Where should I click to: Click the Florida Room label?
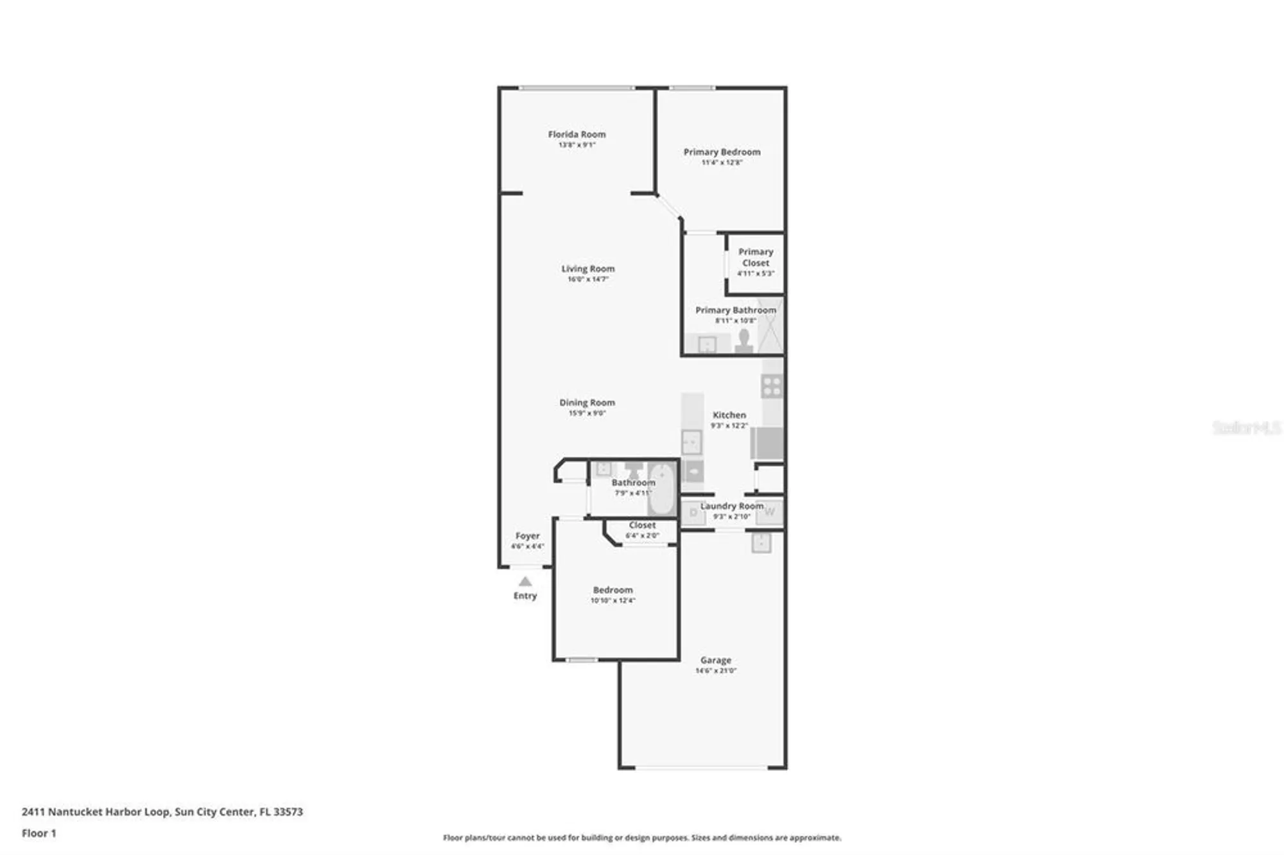[577, 134]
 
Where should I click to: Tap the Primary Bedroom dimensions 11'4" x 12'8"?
[722, 163]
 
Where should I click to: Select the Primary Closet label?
[756, 257]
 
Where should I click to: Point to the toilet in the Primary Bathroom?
[744, 341]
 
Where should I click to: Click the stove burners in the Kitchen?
[772, 386]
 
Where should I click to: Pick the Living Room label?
[587, 269]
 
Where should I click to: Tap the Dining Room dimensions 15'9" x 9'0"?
[587, 413]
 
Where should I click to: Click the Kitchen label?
[729, 415]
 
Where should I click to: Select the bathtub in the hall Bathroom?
[662, 489]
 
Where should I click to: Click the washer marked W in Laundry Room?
[769, 512]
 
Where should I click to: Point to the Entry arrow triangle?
[525, 582]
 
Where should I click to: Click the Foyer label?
[527, 536]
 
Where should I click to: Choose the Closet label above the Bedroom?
[642, 525]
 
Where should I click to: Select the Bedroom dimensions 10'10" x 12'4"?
[612, 601]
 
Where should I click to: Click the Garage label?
[715, 660]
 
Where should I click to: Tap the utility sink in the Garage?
[761, 543]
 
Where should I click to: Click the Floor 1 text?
[39, 833]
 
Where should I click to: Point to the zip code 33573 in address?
[288, 811]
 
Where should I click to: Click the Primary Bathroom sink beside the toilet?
[707, 345]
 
